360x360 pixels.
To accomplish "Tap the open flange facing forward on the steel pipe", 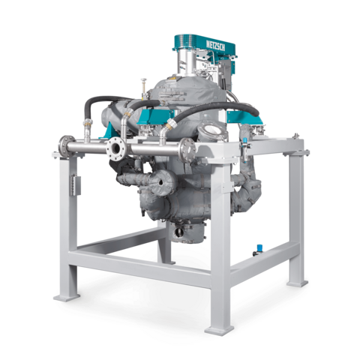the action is [115, 148].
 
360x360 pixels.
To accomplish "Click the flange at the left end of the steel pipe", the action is [64, 147].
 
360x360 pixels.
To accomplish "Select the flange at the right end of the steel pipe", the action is [188, 150].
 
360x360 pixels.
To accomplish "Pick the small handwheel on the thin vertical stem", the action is [143, 80].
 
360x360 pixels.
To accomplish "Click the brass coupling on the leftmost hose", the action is [88, 122].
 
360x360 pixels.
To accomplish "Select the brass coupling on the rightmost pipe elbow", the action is [170, 124].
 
